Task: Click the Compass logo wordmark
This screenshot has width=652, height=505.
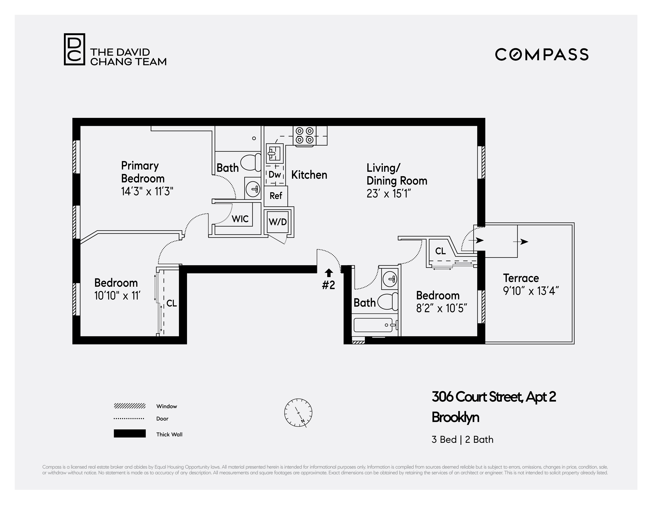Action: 542,54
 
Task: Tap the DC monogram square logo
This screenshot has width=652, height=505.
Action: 74,49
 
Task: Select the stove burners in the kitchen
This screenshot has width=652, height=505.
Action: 305,136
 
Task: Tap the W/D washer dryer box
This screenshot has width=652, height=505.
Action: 278,222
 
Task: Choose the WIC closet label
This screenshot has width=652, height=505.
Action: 240,219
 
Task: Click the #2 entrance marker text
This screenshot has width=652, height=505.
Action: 328,285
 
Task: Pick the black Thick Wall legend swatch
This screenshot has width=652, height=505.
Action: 130,433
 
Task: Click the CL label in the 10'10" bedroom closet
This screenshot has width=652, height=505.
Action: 171,304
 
